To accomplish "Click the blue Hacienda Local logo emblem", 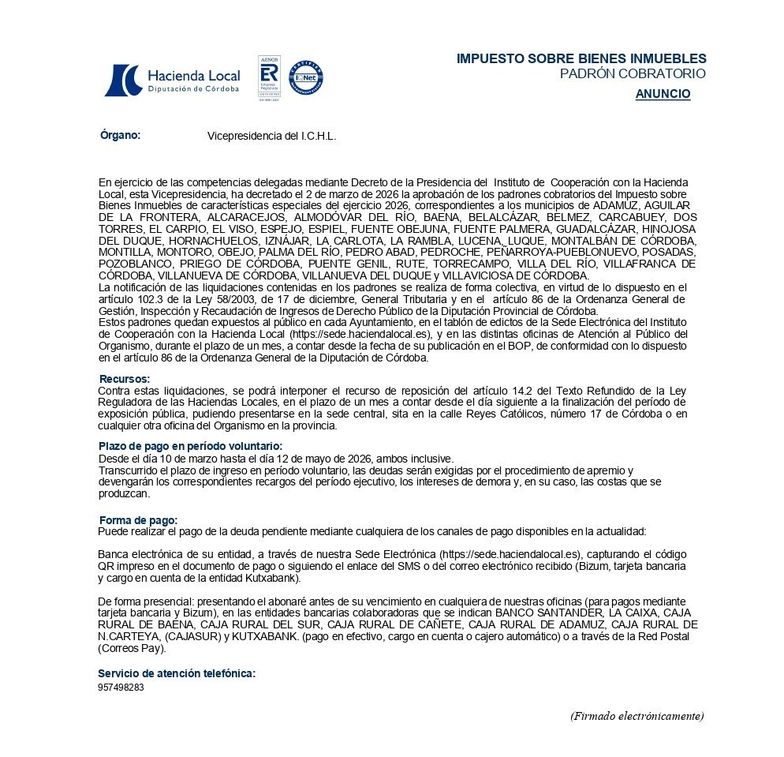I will [122, 80].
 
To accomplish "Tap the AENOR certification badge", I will [268, 78].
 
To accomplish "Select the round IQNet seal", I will [305, 78].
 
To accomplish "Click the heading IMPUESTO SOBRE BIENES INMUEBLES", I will [581, 59].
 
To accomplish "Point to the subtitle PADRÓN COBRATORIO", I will [632, 74].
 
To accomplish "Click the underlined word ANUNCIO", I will [663, 94].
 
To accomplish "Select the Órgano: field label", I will [120, 135].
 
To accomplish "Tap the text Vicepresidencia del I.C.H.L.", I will [271, 137].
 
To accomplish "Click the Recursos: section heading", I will [124, 379].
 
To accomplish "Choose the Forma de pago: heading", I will [138, 519].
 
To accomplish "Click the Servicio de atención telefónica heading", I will [177, 673].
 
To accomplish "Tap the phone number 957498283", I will [121, 688].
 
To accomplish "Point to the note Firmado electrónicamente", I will [637, 716].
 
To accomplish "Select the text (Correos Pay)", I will [132, 649].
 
